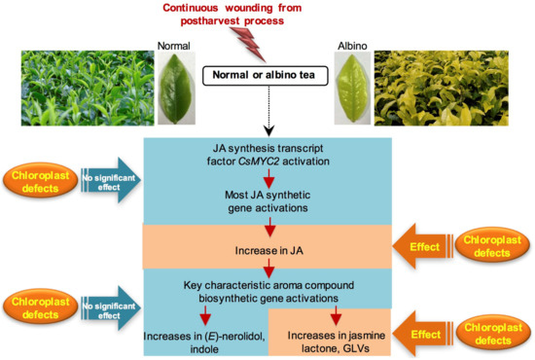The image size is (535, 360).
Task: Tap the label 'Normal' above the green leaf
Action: click(x=171, y=45)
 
